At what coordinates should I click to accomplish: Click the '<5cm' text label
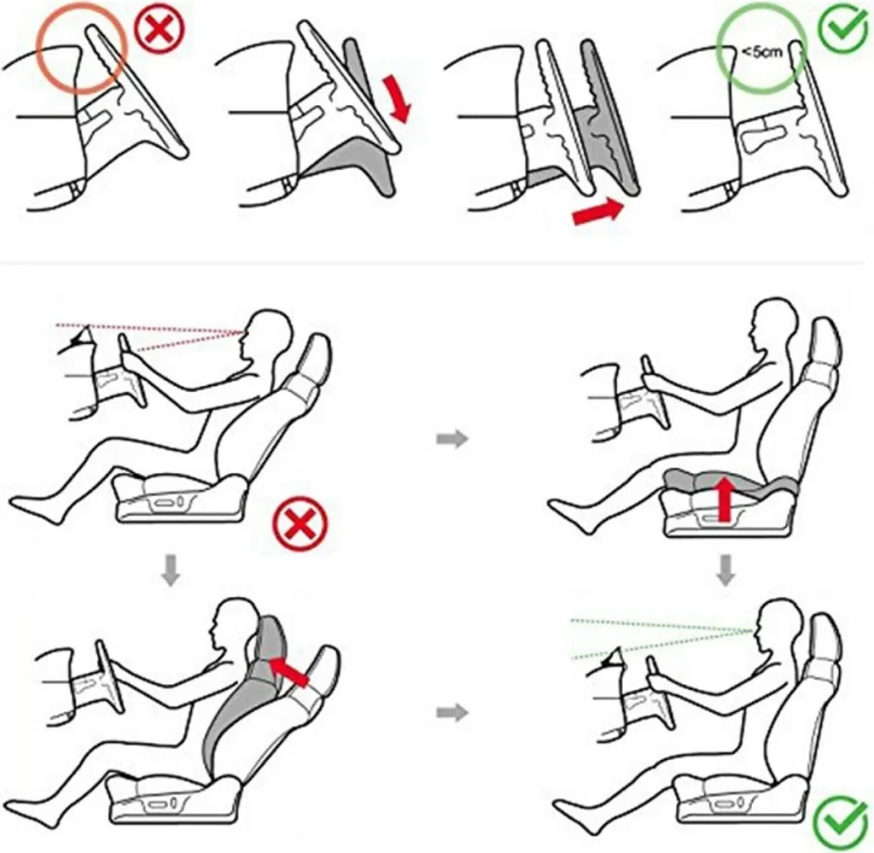coord(762,52)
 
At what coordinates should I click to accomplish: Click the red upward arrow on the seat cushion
coord(724,500)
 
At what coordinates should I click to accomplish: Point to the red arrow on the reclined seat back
coord(288,672)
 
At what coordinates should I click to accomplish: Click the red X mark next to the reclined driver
coord(300,524)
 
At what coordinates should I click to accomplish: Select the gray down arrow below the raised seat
coord(725,570)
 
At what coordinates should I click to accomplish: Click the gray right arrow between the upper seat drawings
coord(452,439)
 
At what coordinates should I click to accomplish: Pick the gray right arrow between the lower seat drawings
coord(452,712)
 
